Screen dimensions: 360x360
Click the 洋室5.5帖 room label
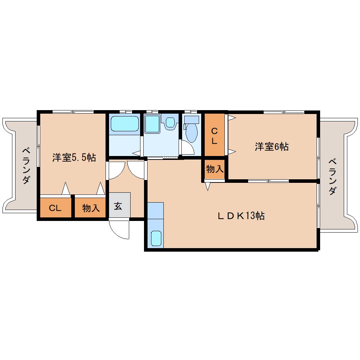[x=74, y=157]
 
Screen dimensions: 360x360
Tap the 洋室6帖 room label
[x=272, y=146]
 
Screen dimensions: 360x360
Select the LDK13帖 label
[x=241, y=216]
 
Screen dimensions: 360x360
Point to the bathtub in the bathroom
[x=125, y=124]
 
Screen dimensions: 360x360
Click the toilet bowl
[x=192, y=133]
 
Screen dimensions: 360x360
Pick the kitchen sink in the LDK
[x=156, y=238]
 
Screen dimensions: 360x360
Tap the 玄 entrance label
[x=118, y=206]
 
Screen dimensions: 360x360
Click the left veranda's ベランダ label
[x=26, y=166]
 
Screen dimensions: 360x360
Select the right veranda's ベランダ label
[x=332, y=177]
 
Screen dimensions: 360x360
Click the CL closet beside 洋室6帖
[x=215, y=135]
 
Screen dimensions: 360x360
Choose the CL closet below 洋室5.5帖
[x=55, y=208]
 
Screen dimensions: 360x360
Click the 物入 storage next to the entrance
[x=90, y=208]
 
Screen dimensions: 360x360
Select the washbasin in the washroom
[x=170, y=122]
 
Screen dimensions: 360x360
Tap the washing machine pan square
[x=152, y=124]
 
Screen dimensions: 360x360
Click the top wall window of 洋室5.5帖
[x=73, y=112]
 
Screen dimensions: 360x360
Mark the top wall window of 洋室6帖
[x=284, y=112]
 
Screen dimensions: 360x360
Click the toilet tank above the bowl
[x=192, y=119]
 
